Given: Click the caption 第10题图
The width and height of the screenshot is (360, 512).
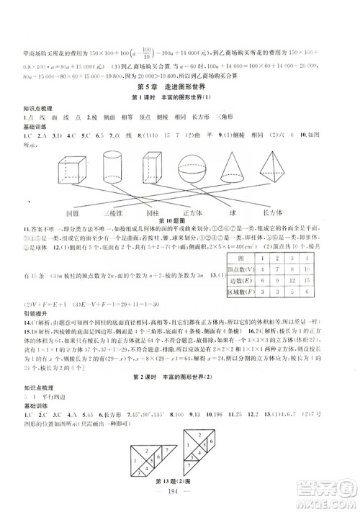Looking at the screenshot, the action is click(x=179, y=222).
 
